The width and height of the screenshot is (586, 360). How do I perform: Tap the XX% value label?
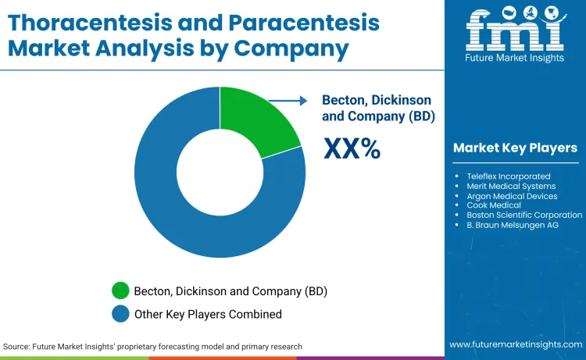[352, 148]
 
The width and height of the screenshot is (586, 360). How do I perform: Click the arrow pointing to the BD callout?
[289, 100]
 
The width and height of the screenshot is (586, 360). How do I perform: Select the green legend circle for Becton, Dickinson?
[120, 291]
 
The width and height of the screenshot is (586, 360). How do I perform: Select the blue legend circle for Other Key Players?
[120, 314]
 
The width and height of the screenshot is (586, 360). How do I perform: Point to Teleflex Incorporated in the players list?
[509, 176]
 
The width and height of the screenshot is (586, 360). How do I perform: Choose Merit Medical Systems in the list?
[511, 186]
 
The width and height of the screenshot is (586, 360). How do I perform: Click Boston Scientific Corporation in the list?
[524, 215]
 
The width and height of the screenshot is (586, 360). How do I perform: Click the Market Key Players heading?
[515, 148]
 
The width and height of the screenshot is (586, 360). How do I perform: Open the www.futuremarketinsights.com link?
[516, 344]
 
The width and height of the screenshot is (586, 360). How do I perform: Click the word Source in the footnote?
[16, 346]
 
